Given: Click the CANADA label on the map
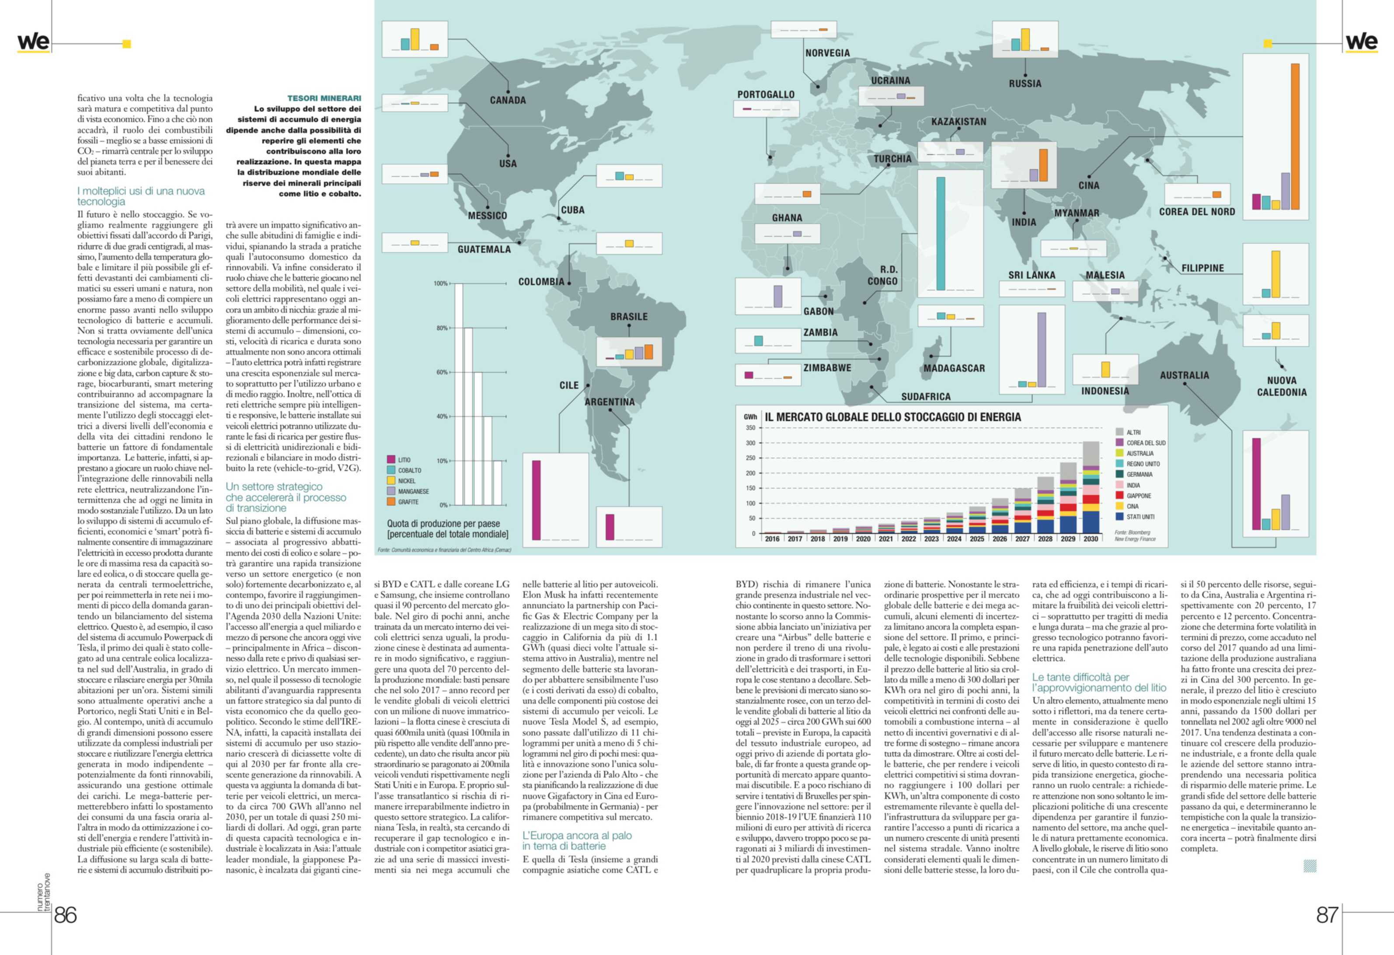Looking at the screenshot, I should point(508,100).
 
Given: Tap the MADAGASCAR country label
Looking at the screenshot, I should point(954,368).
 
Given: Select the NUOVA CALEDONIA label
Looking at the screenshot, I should point(1281,386).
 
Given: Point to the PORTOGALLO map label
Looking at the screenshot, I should point(765,94).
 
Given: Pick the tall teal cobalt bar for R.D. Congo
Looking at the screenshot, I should point(941,234).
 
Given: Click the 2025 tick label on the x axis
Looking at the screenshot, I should point(976,539).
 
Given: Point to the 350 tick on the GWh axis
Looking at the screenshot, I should point(750,428).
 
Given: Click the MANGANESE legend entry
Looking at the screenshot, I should point(413,491).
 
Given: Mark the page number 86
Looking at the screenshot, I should point(66,915).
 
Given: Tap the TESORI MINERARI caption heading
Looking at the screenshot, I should point(324,98).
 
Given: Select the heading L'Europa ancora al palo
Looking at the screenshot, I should point(576,840).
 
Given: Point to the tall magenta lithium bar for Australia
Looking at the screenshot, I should point(1256,484).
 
